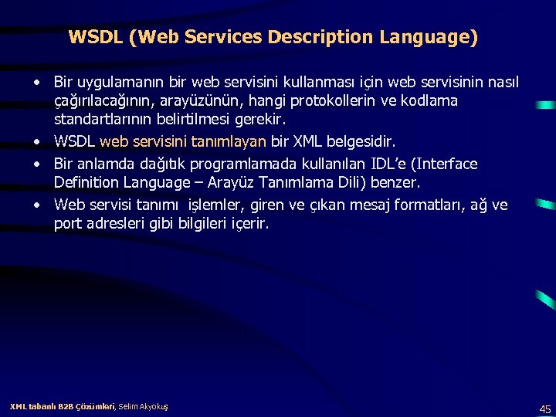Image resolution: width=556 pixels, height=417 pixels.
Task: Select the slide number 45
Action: click(545, 409)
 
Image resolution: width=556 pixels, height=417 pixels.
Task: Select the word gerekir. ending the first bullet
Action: click(260, 120)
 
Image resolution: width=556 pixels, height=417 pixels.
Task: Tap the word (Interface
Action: click(442, 164)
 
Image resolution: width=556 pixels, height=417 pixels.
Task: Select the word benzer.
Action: click(395, 183)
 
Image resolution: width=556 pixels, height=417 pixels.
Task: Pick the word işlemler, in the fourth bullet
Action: click(217, 205)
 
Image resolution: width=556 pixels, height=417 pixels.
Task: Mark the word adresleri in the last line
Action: click(117, 224)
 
